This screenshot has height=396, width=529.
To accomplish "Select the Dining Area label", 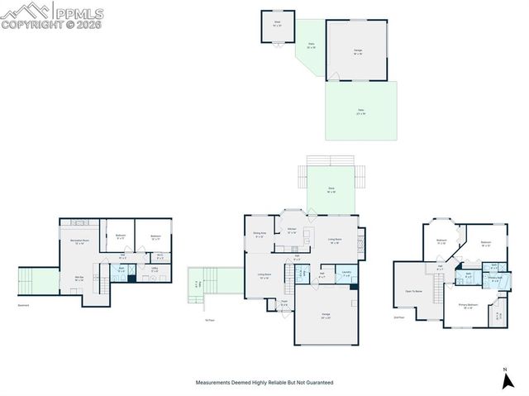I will pos(259,236).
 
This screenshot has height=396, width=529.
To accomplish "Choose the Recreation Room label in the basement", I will pos(81,241).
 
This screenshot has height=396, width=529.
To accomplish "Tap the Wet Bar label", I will pos(79,279).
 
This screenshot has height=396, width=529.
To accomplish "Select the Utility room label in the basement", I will pos(155,269).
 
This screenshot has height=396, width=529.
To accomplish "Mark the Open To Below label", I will pos(415,291).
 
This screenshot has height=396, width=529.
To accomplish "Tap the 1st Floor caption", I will pos(209,320).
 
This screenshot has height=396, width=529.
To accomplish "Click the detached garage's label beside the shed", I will pos(358,52).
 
